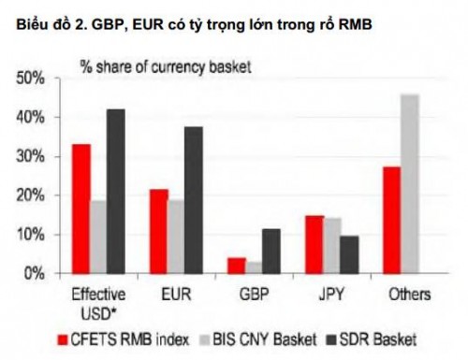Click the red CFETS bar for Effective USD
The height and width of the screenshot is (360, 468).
point(81,209)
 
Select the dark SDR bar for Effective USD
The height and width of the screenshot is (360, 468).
point(116,191)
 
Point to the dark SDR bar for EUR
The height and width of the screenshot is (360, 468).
point(193,200)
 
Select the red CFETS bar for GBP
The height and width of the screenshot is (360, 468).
point(236,266)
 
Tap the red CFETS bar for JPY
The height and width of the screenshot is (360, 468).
point(314,244)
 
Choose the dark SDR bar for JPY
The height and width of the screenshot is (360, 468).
point(348,254)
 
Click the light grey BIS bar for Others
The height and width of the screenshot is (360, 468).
point(409,183)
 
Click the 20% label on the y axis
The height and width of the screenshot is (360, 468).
point(31,195)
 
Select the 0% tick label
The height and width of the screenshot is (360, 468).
point(35,273)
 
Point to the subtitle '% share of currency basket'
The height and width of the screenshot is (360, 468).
point(163,65)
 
